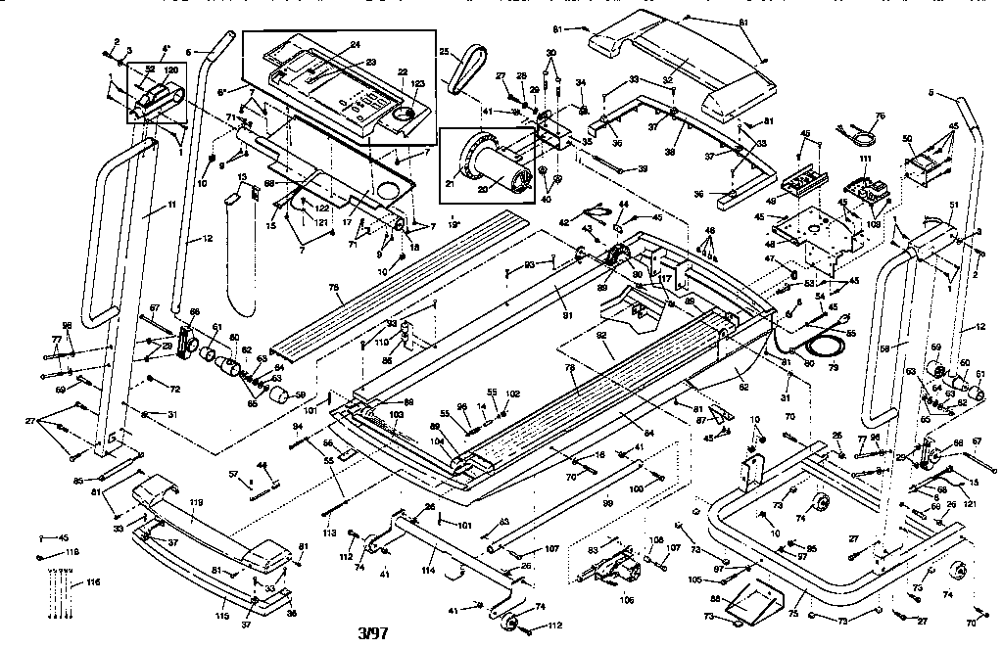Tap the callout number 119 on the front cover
(x=196, y=503)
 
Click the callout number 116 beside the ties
(x=93, y=582)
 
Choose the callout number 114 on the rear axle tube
(x=428, y=570)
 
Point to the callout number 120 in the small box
(x=170, y=70)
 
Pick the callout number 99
(x=608, y=501)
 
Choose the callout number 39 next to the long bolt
(x=643, y=168)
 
